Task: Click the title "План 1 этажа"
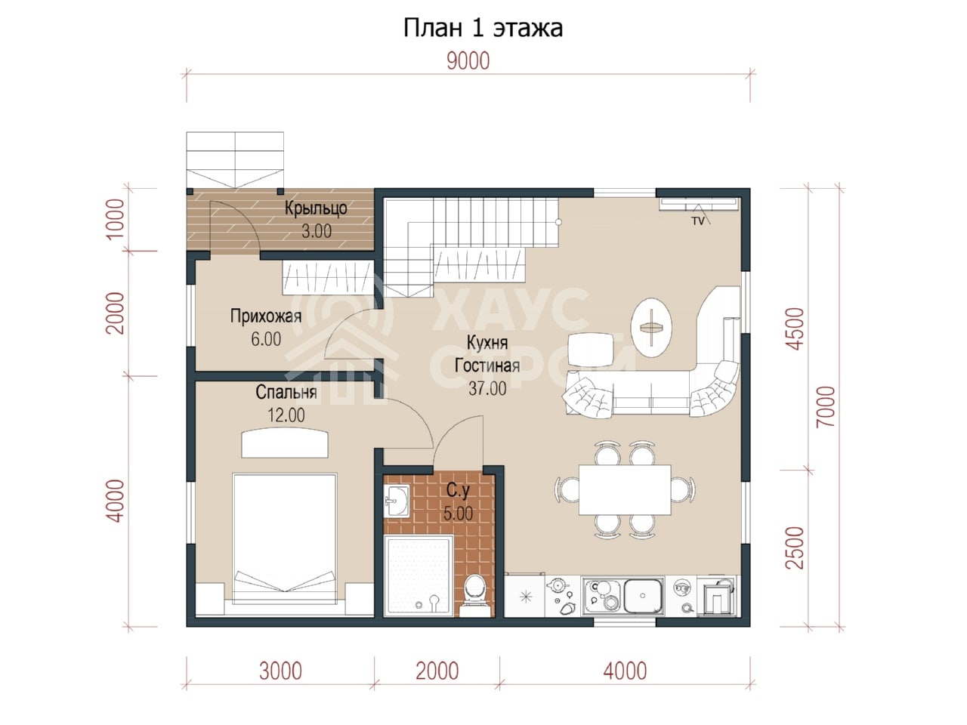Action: click(483, 29)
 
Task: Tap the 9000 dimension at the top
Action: click(468, 61)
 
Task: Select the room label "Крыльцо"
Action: click(316, 208)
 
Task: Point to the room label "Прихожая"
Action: click(266, 316)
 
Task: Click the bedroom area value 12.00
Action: click(286, 415)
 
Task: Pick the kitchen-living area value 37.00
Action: click(487, 388)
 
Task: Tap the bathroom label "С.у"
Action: click(458, 490)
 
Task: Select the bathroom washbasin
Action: click(397, 501)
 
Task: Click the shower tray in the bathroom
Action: click(419, 575)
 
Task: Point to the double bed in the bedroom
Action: click(285, 538)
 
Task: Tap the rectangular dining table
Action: click(625, 489)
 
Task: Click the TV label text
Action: click(698, 221)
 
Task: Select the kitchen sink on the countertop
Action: click(643, 596)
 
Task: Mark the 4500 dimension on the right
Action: click(796, 329)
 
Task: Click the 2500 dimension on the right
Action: click(796, 548)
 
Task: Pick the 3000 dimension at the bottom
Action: click(280, 671)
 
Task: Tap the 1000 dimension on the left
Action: click(116, 219)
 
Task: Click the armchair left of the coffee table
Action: click(590, 349)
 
